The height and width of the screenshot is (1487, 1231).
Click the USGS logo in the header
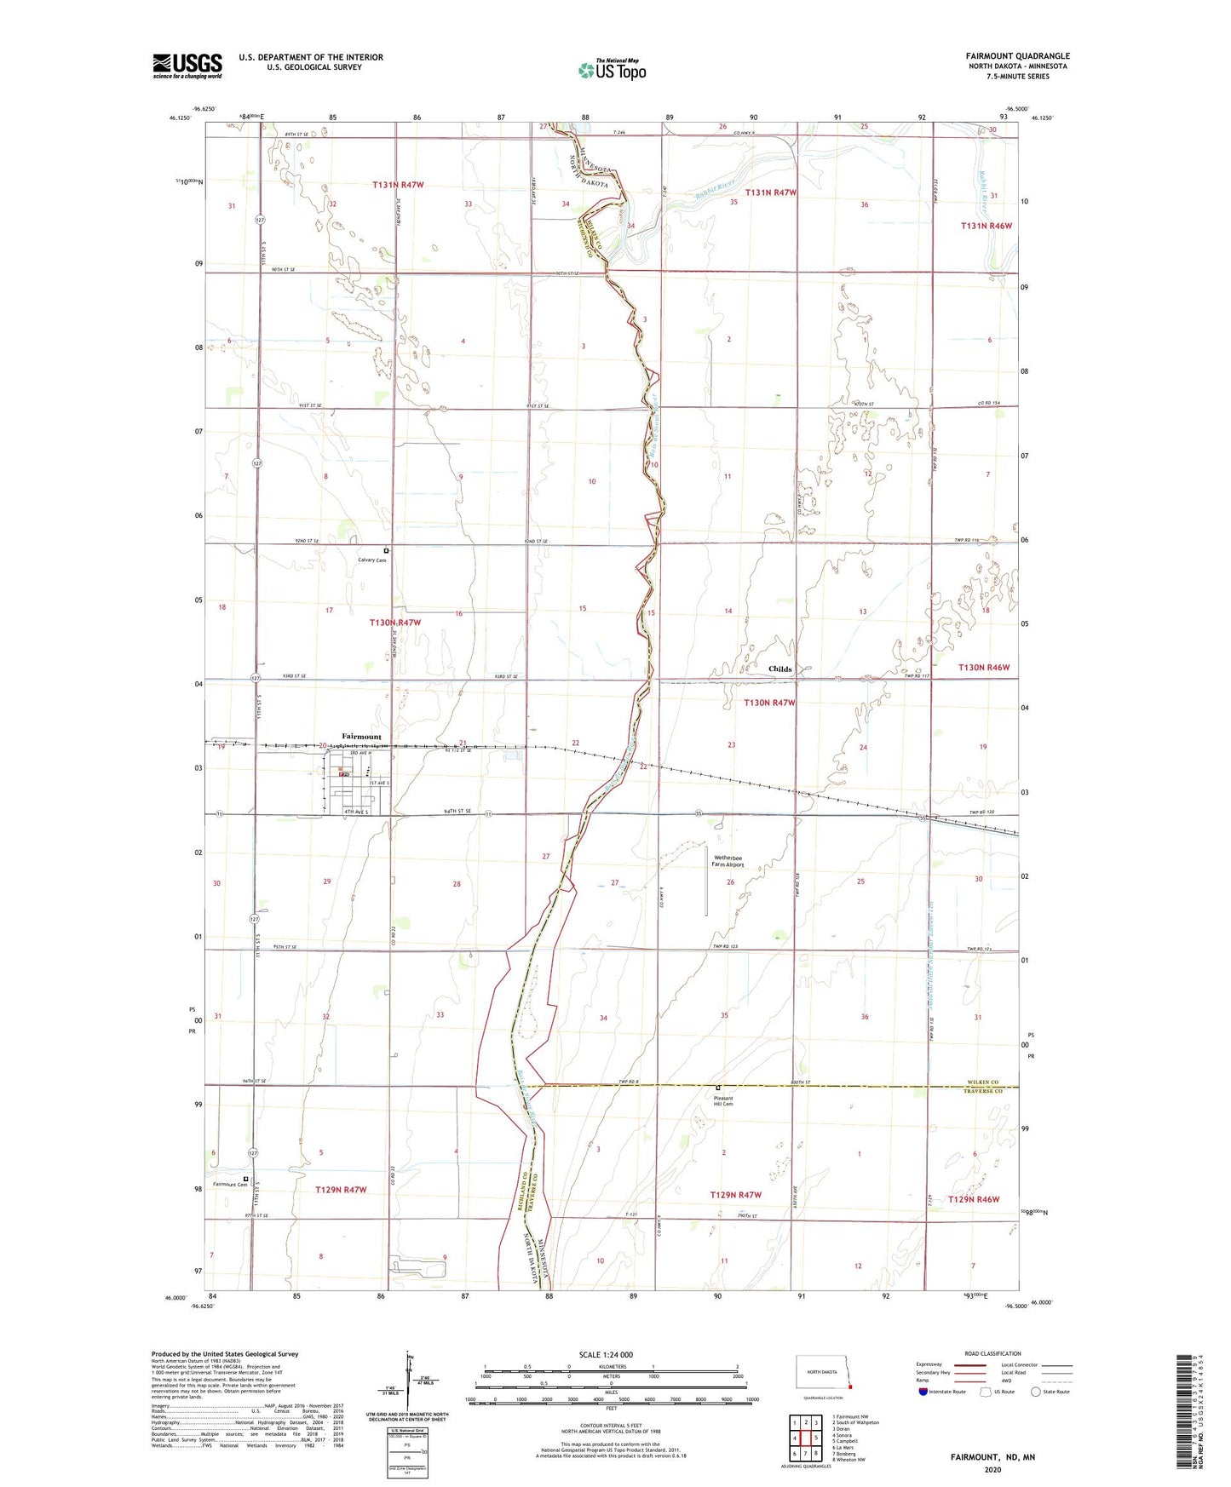(187, 66)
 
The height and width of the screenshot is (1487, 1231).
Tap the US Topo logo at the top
(611, 70)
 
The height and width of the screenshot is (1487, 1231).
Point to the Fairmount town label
(361, 736)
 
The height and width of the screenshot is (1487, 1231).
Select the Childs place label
(779, 669)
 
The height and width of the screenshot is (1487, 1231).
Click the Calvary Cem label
(372, 560)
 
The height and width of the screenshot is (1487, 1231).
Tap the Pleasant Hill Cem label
(722, 1101)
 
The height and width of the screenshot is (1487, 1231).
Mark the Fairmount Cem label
(229, 1185)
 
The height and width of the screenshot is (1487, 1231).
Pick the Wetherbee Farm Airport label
(728, 861)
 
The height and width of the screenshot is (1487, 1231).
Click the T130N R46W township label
(983, 668)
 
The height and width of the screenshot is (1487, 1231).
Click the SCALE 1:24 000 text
(606, 1354)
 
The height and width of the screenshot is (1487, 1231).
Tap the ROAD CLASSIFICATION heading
(992, 1353)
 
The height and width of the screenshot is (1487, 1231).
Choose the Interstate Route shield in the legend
(923, 1392)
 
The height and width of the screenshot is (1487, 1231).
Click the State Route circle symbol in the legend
(1036, 1392)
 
